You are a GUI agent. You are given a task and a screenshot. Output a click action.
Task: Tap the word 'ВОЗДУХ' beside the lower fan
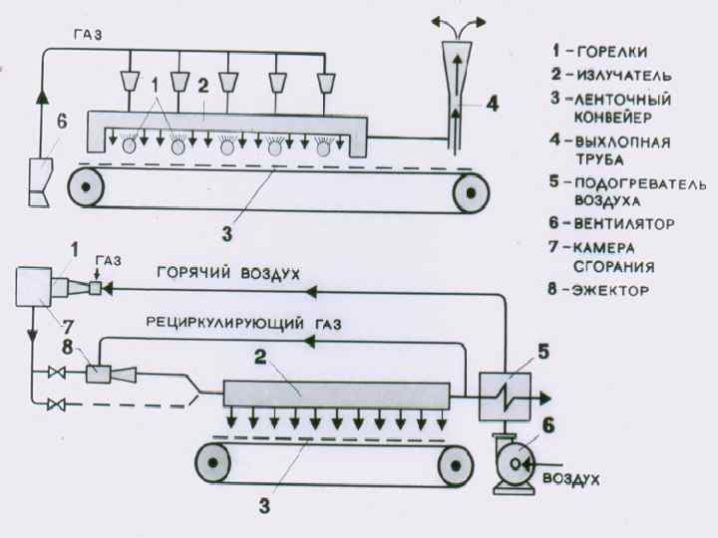[x=571, y=479]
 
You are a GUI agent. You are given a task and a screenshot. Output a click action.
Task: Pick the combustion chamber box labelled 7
[x=36, y=289]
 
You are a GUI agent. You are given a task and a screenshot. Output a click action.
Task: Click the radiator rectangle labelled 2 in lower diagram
[x=338, y=392]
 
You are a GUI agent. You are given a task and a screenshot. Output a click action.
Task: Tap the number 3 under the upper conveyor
[x=227, y=236]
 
